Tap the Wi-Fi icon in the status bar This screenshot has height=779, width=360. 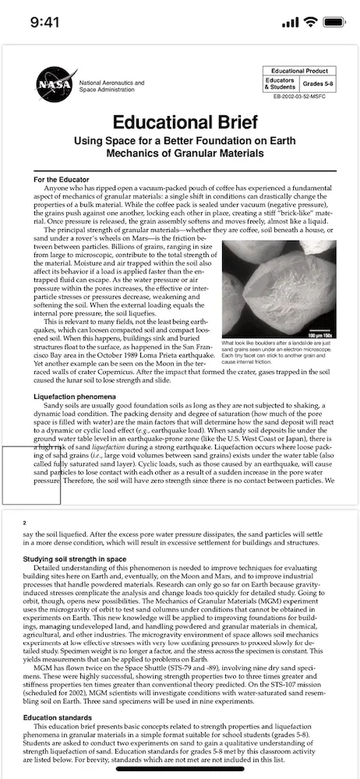point(310,22)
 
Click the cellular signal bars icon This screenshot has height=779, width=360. point(290,22)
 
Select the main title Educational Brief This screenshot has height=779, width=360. point(179,122)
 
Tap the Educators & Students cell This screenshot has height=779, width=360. point(280,83)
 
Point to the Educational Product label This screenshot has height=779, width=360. point(300,71)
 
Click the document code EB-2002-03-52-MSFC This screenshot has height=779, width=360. point(300,96)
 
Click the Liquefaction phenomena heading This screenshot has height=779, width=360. point(66,397)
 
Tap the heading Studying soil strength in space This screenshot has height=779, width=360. point(75,559)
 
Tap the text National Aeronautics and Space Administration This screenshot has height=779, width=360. point(111,86)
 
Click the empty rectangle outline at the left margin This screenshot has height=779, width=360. point(30,475)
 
